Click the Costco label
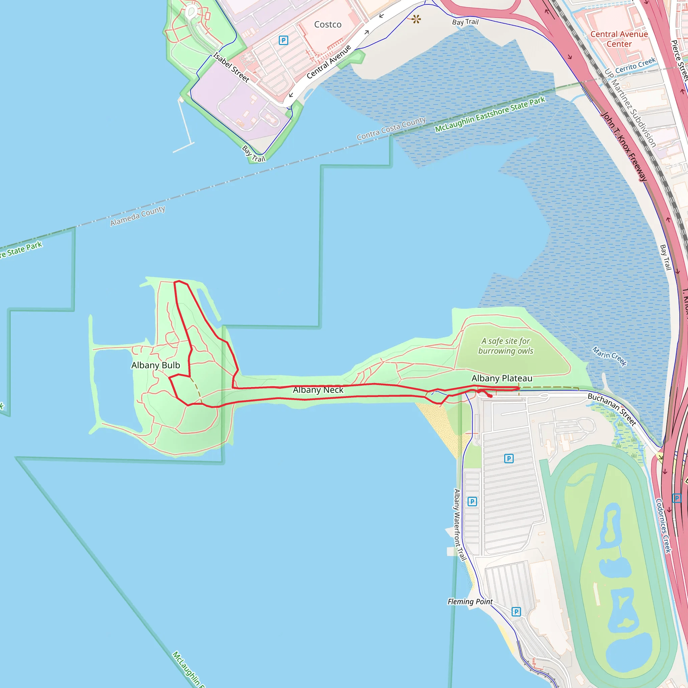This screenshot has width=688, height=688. (x=328, y=25)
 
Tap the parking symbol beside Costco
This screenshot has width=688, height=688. (x=284, y=40)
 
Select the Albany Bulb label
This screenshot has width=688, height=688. (x=156, y=365)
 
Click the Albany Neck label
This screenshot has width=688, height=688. (x=318, y=390)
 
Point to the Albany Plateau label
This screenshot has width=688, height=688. (x=502, y=378)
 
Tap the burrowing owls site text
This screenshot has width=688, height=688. (x=506, y=346)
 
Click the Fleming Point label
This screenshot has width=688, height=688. (x=470, y=601)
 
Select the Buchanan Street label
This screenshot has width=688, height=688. (x=612, y=409)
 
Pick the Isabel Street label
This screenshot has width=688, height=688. (x=231, y=67)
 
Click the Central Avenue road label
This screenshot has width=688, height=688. (x=329, y=61)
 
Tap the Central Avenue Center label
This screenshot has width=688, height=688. (x=619, y=39)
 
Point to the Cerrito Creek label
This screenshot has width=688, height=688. (x=635, y=65)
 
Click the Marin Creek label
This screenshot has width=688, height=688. (x=609, y=356)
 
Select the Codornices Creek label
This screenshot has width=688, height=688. (x=664, y=526)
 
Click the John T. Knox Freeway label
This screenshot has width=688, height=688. (x=624, y=147)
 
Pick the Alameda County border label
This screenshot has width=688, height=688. (x=137, y=216)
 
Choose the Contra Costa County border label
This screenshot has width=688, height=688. (x=391, y=128)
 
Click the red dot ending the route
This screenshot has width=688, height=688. (x=491, y=396)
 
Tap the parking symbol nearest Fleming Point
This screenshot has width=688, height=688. (x=516, y=612)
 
